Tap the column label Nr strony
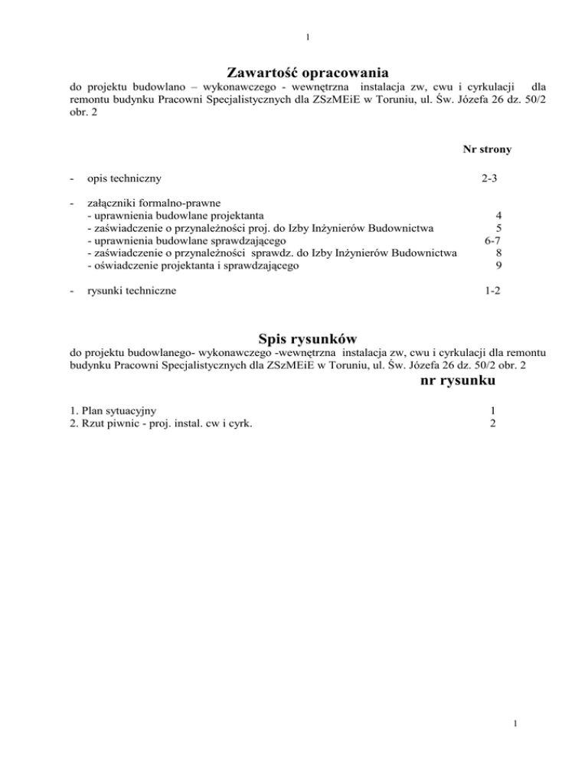(486, 149)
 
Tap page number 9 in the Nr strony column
(498, 266)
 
